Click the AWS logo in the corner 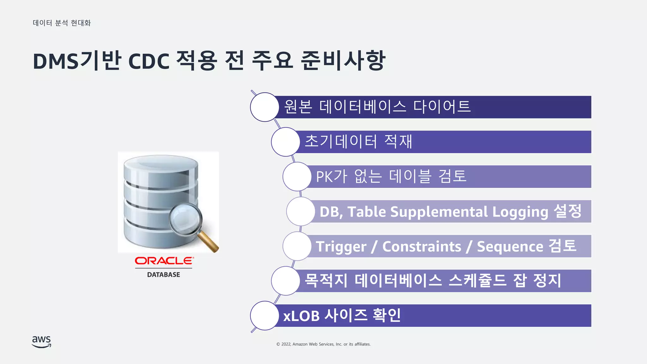41,342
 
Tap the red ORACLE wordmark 164,261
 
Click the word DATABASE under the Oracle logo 164,275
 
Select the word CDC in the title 149,61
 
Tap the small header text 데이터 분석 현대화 62,23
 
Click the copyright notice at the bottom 323,344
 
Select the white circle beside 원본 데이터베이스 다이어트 264,107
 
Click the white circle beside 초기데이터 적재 285,142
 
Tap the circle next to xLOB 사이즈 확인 264,316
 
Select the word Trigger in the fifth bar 341,247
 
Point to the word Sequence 510,247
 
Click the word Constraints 422,246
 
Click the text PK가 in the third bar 331,177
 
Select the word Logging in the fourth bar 520,212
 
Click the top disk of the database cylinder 161,163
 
